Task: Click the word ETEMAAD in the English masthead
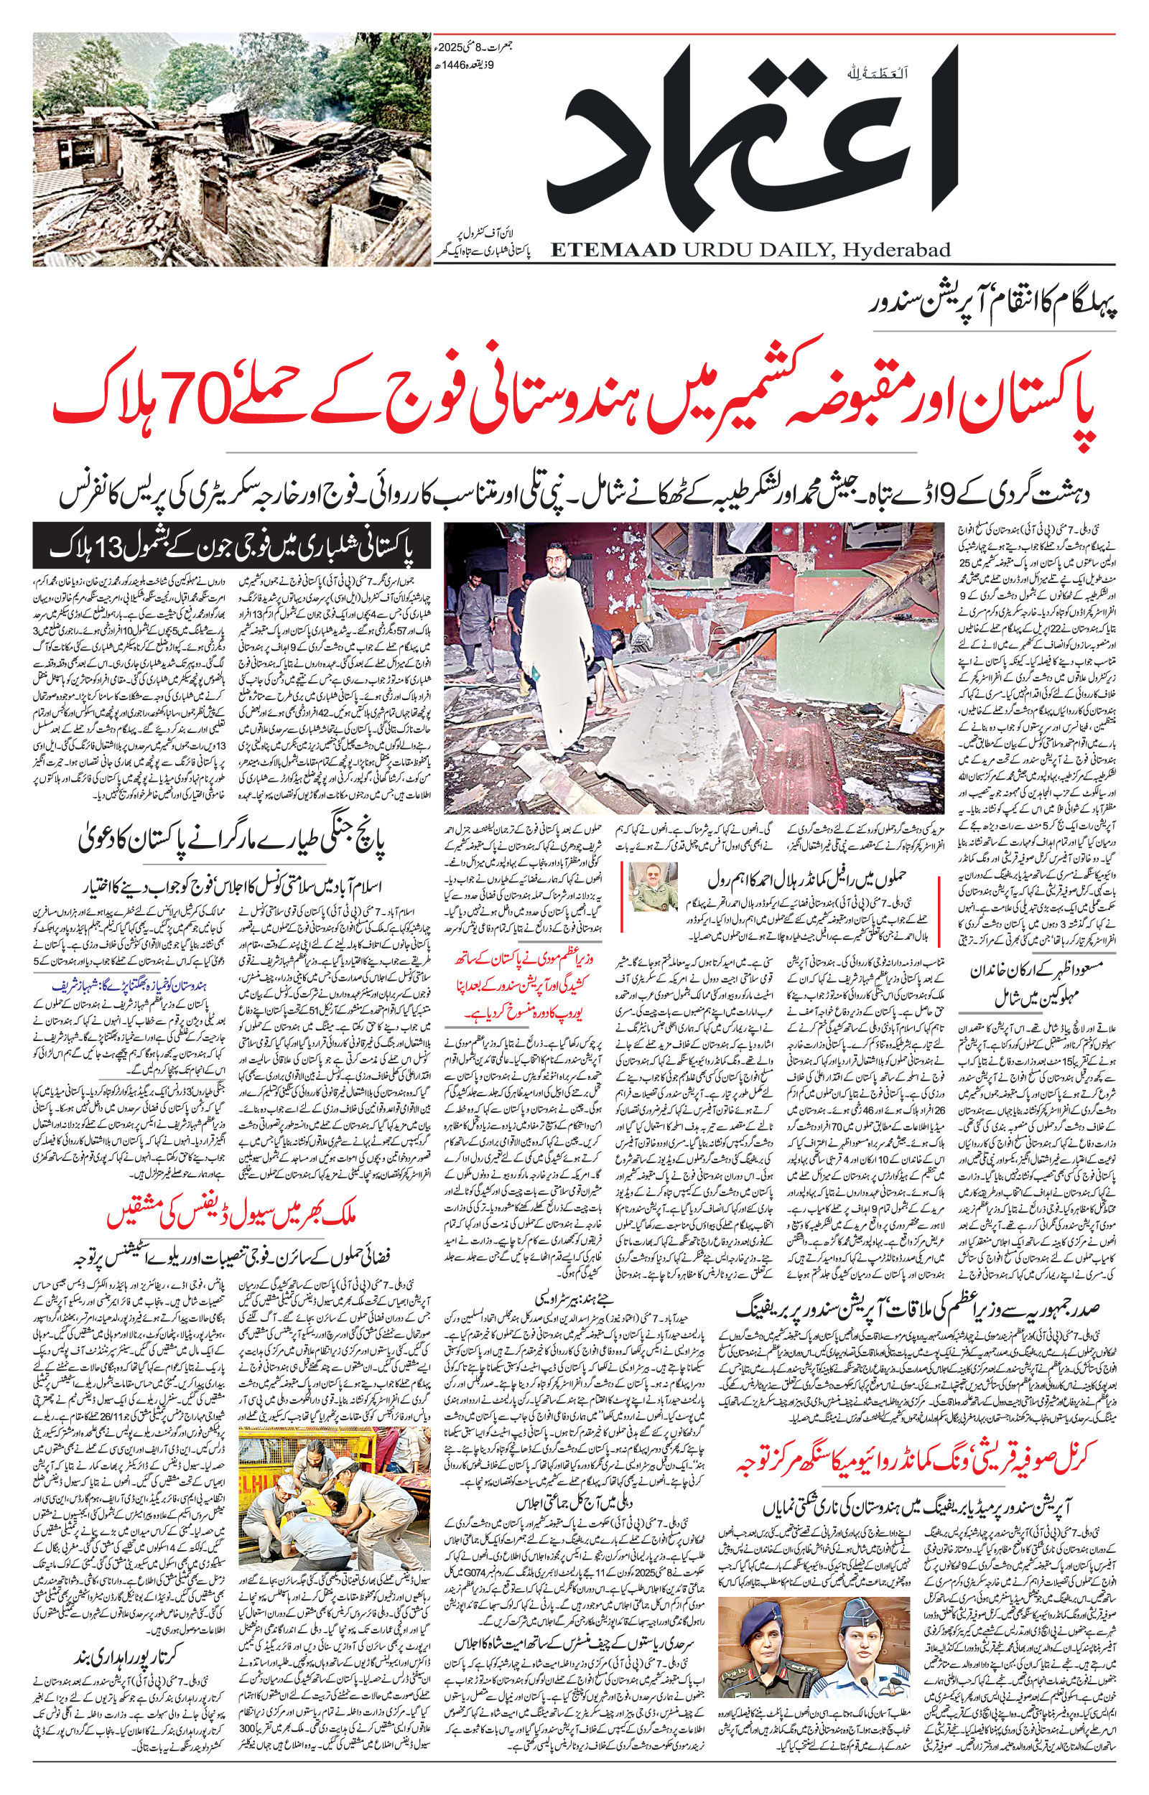click(613, 250)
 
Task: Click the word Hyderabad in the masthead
click(896, 250)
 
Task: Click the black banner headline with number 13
click(232, 547)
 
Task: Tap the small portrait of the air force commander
click(653, 887)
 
